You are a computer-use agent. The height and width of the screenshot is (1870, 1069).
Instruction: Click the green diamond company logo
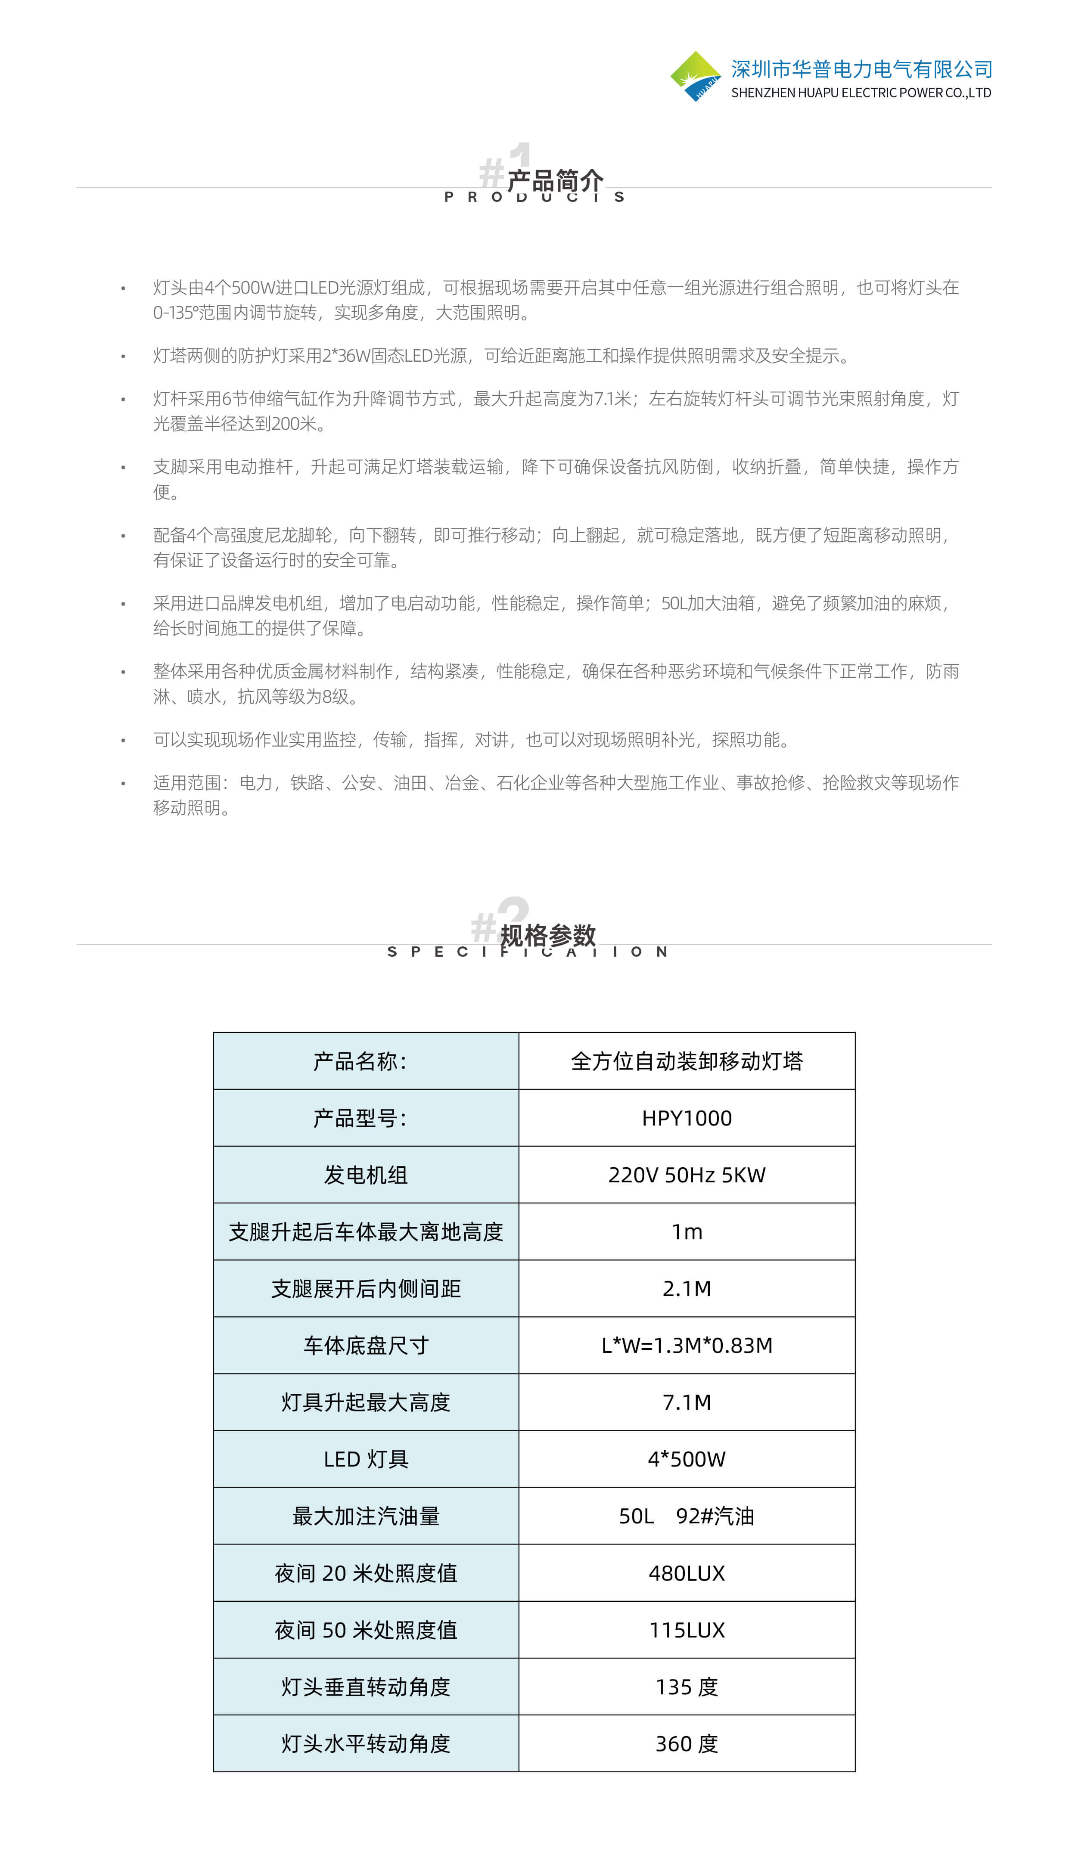click(695, 76)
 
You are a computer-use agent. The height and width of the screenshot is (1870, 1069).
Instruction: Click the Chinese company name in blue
click(861, 69)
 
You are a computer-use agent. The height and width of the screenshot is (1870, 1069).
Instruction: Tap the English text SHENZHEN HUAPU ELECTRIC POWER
click(861, 93)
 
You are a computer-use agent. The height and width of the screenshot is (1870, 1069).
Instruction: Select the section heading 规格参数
click(548, 936)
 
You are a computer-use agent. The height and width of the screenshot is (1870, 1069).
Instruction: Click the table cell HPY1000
click(687, 1118)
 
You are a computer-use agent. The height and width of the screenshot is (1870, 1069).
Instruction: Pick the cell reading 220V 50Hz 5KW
click(687, 1175)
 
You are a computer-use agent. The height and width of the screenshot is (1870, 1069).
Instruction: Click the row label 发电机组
click(366, 1175)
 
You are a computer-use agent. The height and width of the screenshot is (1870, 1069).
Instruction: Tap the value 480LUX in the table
click(687, 1573)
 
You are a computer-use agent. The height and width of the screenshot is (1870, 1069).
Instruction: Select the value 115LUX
click(687, 1630)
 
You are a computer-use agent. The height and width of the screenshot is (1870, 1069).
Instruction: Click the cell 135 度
click(687, 1687)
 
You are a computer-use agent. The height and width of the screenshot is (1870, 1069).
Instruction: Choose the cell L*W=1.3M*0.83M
click(687, 1345)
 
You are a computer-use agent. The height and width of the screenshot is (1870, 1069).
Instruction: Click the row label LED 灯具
click(366, 1459)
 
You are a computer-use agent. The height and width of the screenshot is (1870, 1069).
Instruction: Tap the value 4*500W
click(687, 1459)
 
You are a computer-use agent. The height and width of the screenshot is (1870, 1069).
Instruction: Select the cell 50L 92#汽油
click(687, 1516)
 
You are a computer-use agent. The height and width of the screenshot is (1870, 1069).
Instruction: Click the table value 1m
click(687, 1231)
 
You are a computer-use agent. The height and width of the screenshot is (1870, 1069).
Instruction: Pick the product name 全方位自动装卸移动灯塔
click(687, 1061)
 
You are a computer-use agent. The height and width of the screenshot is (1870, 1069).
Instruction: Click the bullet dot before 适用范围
click(123, 784)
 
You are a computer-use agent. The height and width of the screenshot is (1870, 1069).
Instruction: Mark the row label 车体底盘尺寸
click(366, 1345)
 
